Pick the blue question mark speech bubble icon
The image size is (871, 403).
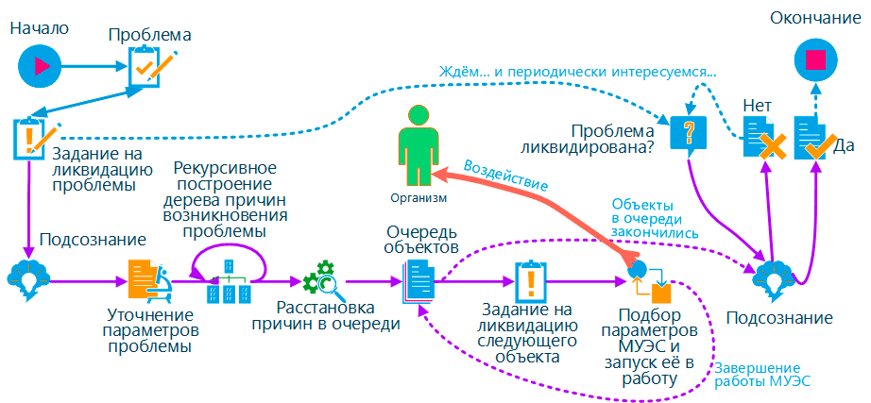point(689,132)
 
